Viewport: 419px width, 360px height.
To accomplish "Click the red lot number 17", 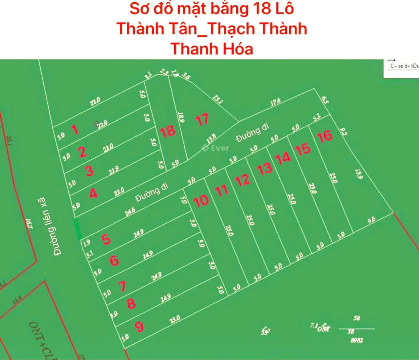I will [x=202, y=120].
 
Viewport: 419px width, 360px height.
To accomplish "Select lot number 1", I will [x=75, y=130].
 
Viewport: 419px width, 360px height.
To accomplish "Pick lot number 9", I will [x=139, y=326].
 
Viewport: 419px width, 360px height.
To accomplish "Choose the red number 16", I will [x=324, y=136].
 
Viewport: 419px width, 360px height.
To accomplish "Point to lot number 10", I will [x=201, y=201].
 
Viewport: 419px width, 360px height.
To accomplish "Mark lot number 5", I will [x=106, y=239].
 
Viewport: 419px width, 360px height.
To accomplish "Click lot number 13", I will [x=265, y=169].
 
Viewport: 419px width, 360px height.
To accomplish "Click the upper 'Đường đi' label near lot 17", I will [x=252, y=132].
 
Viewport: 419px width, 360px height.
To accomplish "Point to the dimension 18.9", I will [x=181, y=117].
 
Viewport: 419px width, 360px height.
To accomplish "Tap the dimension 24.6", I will [x=130, y=212].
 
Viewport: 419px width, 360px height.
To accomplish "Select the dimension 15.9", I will [x=359, y=174].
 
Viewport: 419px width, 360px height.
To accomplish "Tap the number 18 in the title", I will [x=262, y=8].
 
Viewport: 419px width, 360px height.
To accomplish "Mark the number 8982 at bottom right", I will [x=357, y=340].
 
